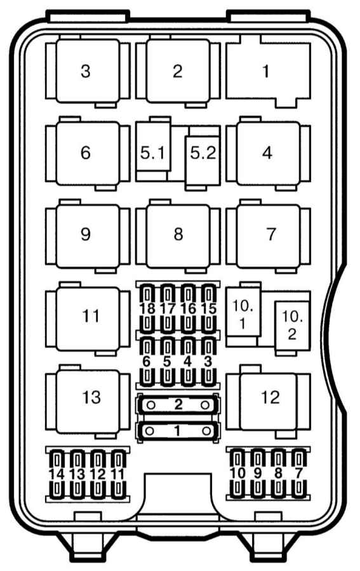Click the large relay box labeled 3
(88, 70)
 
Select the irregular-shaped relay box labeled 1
(268, 71)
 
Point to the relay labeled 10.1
(243, 313)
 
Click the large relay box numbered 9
(88, 235)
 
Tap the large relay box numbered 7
(268, 235)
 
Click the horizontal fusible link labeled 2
(178, 405)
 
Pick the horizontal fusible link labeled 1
(178, 431)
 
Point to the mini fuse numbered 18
(147, 308)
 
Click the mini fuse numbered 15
(209, 308)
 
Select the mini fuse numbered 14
(57, 475)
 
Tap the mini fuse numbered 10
(237, 473)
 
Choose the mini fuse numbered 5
(167, 362)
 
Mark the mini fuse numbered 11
(118, 475)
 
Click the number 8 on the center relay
(178, 234)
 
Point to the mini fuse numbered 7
(299, 473)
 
